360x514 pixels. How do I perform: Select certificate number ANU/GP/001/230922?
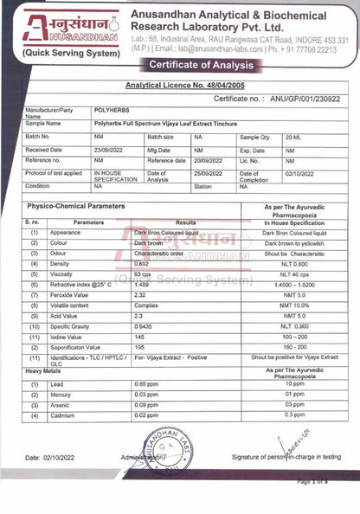coord(305,100)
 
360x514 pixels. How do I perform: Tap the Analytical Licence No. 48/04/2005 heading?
coord(185,86)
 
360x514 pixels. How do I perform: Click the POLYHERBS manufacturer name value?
coord(112,112)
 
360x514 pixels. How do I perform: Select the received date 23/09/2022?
coord(110,150)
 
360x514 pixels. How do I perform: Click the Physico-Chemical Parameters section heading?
coord(75,208)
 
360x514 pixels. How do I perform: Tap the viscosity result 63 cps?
coord(144,273)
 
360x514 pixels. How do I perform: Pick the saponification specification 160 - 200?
coord(295,347)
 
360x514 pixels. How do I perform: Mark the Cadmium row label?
coord(65,415)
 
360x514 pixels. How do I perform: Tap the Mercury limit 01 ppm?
coord(295,394)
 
